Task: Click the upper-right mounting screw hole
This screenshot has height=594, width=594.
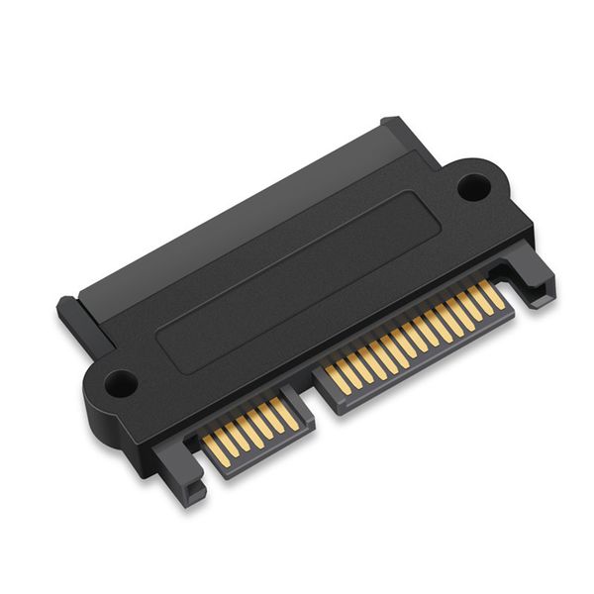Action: coord(473,186)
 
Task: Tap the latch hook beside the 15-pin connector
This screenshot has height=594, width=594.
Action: coord(535,282)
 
